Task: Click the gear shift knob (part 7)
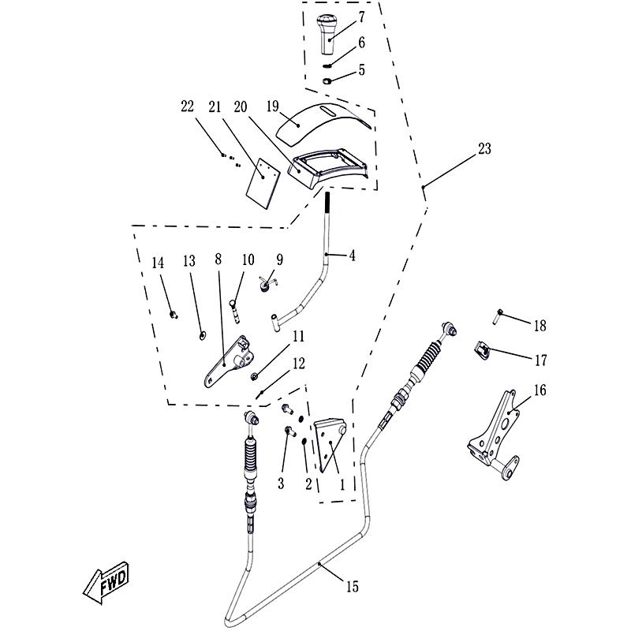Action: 326,34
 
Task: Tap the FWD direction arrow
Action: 106,583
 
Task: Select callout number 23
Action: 485,149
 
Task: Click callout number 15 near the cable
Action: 352,586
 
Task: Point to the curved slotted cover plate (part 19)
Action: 324,123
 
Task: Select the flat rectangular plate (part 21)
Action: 263,184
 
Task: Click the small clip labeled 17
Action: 482,350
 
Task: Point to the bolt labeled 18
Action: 498,316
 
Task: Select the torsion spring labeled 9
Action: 266,282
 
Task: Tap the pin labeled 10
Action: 235,310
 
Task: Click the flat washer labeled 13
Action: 203,334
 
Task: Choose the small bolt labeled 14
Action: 174,314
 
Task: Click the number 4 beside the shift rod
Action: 352,256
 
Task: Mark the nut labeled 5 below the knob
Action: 327,81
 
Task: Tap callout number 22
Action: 187,106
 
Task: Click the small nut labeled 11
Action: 254,377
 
